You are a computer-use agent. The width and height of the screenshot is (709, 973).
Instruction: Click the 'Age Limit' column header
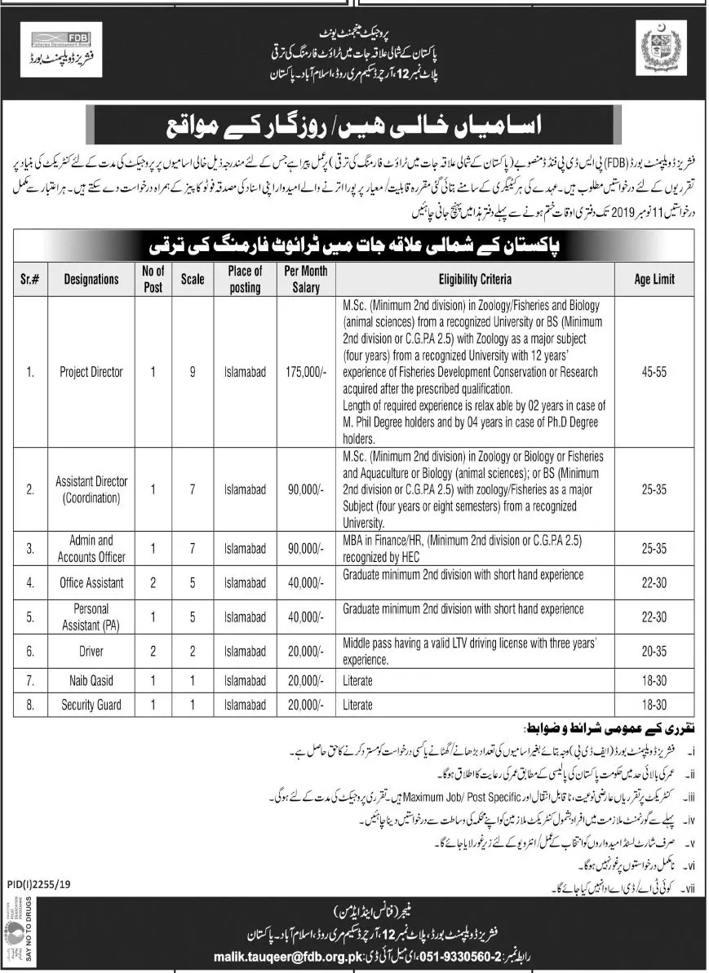pos(654,279)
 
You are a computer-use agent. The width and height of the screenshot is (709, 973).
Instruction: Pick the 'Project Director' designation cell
pos(91,372)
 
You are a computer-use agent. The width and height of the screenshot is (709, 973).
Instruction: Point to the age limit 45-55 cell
pos(654,372)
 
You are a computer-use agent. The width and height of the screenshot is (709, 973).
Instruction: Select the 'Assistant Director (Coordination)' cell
pos(91,489)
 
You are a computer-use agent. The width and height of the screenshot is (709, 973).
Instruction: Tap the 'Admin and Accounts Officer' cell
pos(91,548)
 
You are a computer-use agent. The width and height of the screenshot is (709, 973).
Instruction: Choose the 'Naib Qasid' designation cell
pos(91,680)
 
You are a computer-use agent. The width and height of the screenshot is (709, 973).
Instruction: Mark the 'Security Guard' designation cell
pos(91,705)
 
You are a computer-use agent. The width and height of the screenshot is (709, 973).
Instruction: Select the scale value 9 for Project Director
pos(193,372)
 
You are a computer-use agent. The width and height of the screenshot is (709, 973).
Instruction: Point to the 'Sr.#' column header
pos(29,279)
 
